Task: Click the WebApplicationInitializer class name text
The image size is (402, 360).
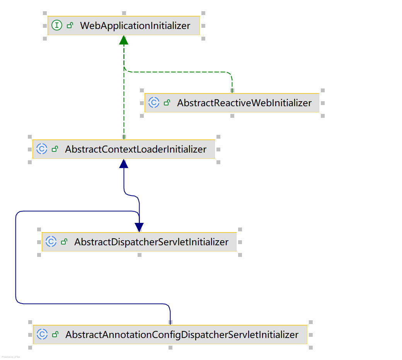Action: coord(135,26)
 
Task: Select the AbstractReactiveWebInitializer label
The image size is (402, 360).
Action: coord(244,103)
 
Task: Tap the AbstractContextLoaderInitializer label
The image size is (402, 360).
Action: coord(136,149)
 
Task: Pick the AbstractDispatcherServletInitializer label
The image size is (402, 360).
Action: coord(151,242)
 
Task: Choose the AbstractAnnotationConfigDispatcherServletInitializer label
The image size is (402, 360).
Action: coord(182,335)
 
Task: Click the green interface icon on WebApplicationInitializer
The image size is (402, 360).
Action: coord(57,26)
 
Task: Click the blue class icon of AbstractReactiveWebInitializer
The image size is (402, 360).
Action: coord(154,103)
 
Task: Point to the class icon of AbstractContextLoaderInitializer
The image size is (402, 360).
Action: coord(42,149)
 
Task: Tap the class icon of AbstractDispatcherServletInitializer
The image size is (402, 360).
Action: coord(51,242)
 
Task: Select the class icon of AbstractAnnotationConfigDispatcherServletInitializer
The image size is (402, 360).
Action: coord(42,335)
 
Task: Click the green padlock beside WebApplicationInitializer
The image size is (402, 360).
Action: coord(70,26)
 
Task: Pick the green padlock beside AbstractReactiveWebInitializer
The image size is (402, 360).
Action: coord(167,103)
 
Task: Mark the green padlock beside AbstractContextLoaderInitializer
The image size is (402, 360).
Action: coord(55,149)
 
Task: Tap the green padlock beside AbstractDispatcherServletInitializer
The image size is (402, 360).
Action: coord(64,242)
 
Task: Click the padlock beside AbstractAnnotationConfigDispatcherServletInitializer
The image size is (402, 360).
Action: coord(55,335)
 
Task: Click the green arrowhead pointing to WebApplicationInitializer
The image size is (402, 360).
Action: coord(124,40)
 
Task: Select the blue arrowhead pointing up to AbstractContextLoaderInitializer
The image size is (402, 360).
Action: coord(124,163)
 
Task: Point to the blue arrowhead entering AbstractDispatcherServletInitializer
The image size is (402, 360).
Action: coord(139,227)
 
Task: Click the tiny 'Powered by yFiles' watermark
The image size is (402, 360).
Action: coord(11,357)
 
